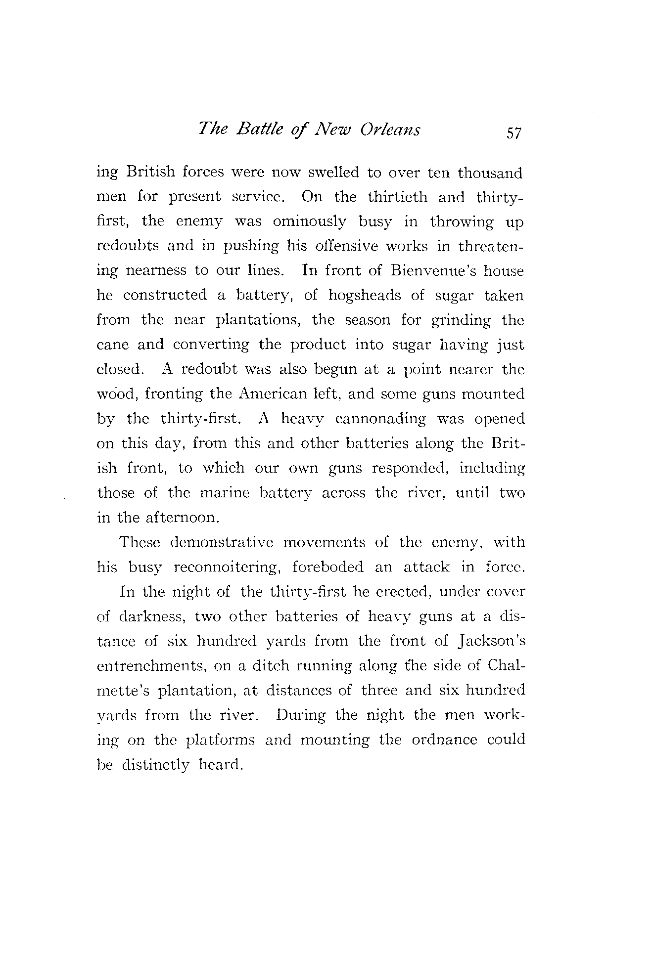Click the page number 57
(x=511, y=132)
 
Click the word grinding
(x=461, y=321)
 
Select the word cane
(x=112, y=345)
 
